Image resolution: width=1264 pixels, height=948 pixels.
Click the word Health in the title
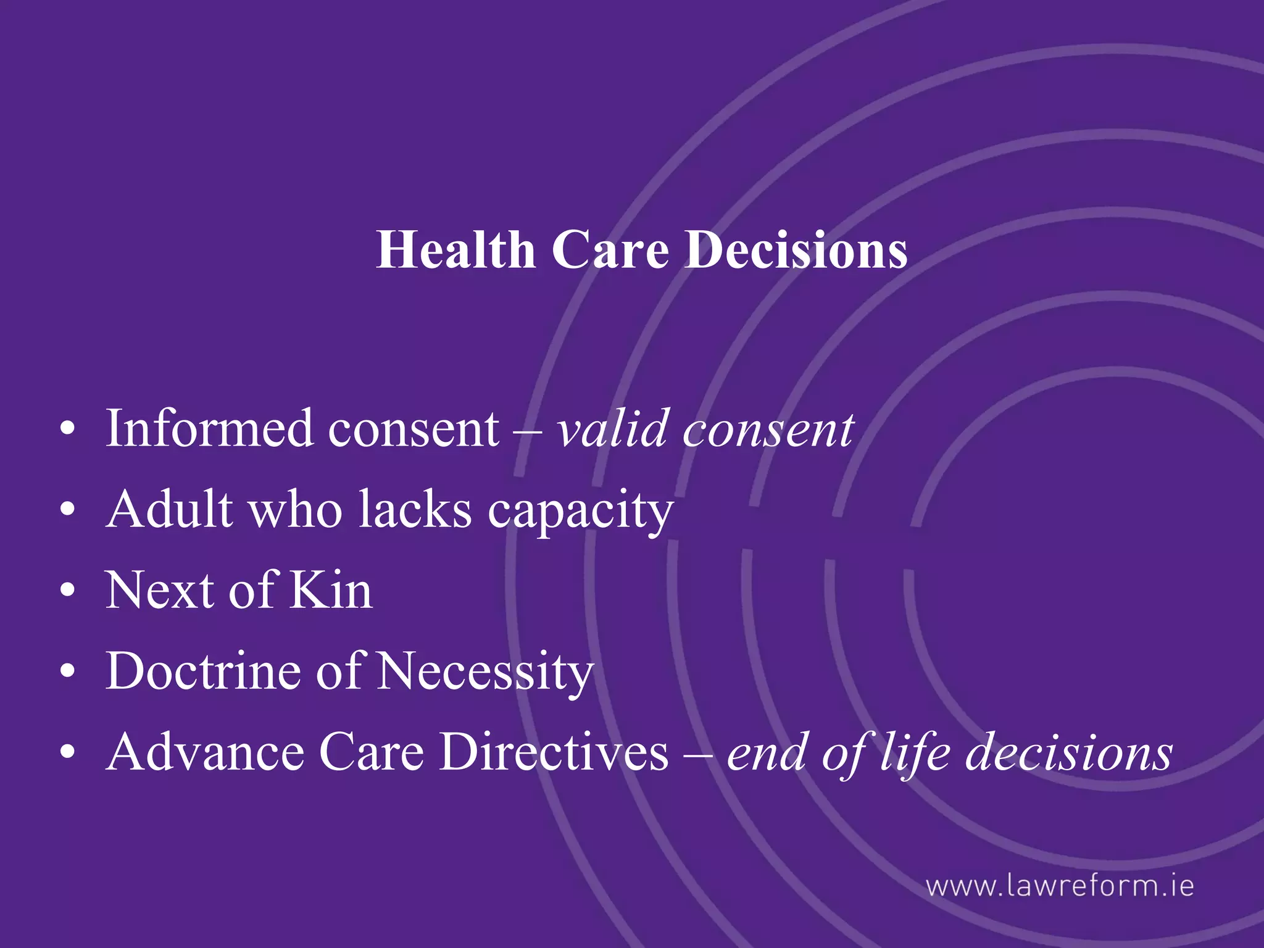point(455,250)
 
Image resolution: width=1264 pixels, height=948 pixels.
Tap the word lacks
point(415,510)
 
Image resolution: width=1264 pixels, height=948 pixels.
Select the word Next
point(159,591)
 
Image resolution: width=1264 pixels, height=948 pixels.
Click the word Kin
point(331,591)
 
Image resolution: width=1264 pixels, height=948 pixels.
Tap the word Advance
point(205,752)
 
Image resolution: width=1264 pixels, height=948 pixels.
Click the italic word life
point(915,752)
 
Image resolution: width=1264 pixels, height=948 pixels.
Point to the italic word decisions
point(1068,752)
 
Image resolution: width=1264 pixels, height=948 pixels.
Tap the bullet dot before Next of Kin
point(68,591)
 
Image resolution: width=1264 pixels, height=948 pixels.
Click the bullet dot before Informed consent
point(68,428)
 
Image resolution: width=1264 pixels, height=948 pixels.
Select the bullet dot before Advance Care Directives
point(68,752)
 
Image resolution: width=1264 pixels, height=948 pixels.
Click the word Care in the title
point(610,250)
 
